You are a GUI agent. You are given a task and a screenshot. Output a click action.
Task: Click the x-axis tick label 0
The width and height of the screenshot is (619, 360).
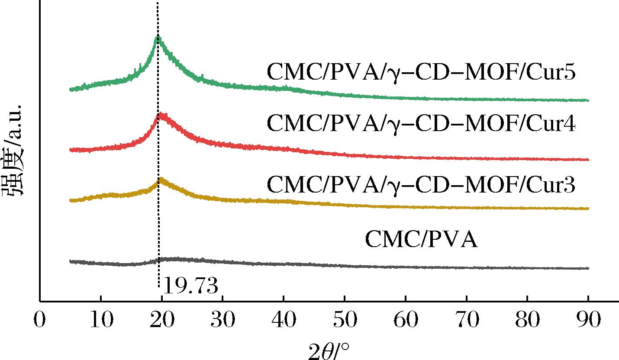click(40, 321)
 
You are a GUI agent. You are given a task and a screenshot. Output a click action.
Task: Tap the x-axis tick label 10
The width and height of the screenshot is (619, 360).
click(100, 321)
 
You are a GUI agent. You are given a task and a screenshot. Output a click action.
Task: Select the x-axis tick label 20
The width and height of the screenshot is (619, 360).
click(161, 321)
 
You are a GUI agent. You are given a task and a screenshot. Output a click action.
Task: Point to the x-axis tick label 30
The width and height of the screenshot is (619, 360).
click(222, 321)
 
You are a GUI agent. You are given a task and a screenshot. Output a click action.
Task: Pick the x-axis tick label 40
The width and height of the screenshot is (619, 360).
click(284, 321)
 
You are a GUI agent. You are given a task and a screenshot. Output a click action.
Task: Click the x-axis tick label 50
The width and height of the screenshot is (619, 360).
click(345, 321)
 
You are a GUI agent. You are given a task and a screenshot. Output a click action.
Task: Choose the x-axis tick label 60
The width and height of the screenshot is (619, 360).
click(406, 321)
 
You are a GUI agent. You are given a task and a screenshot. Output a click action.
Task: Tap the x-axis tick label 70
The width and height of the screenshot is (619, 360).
click(467, 321)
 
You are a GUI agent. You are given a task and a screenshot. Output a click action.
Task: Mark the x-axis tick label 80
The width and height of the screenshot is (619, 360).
click(527, 321)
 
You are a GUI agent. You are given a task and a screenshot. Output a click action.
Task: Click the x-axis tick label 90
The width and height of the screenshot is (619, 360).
click(588, 321)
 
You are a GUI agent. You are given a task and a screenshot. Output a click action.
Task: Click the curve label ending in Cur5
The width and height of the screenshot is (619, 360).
click(421, 73)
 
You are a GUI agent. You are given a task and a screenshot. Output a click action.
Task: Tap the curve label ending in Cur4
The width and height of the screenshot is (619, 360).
click(421, 125)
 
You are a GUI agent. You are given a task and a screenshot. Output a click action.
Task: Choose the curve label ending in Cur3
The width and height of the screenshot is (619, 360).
click(421, 185)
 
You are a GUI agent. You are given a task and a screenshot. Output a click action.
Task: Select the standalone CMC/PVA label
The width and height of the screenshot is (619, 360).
click(421, 240)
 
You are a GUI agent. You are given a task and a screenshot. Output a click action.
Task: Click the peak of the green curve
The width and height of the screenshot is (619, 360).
click(158, 36)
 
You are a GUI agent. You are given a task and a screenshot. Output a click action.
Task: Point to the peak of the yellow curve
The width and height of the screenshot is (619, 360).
click(161, 179)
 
